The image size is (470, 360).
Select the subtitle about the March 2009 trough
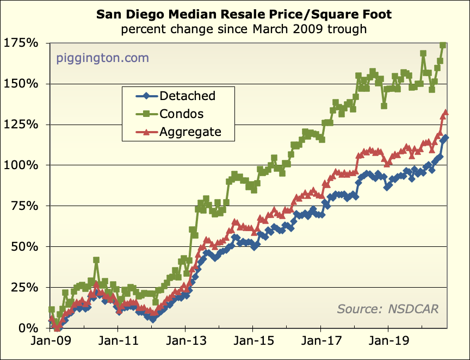pyautogui.click(x=244, y=28)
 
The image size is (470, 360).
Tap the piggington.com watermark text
pyautogui.click(x=102, y=58)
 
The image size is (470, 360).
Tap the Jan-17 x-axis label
pyautogui.click(x=321, y=344)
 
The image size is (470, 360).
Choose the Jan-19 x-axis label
pyautogui.click(x=388, y=344)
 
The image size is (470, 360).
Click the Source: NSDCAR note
pyautogui.click(x=387, y=309)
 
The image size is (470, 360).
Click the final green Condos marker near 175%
pyautogui.click(x=443, y=45)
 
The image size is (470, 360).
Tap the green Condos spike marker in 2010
pyautogui.click(x=96, y=260)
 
